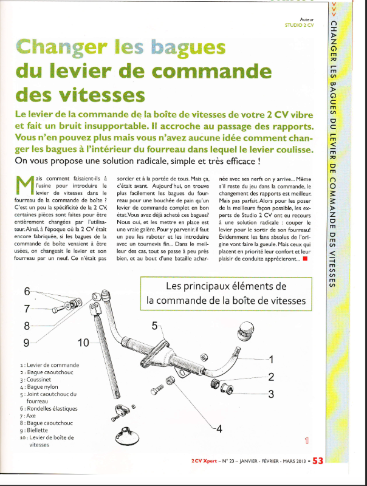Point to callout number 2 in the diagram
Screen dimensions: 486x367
coord(270,377)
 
